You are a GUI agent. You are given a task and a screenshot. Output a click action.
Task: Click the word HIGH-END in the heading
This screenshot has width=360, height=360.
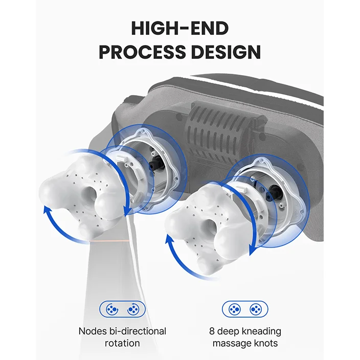(180, 28)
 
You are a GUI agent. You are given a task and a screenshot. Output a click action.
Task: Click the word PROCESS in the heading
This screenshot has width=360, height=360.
(142, 52)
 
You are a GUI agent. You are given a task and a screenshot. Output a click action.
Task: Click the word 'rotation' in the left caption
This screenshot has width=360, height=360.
(122, 343)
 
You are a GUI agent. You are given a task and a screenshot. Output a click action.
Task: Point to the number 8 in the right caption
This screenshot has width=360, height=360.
(212, 331)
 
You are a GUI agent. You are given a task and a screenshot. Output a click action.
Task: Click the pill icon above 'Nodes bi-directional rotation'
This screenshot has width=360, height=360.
(122, 309)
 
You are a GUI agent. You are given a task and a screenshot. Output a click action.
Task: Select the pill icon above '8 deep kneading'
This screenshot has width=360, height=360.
(245, 309)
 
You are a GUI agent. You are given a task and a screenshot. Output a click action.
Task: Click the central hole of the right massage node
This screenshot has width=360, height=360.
(211, 226)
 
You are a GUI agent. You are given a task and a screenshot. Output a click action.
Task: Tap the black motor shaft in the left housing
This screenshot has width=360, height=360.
(155, 164)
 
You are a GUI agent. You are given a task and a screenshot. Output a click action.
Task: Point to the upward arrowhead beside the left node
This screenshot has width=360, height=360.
(47, 210)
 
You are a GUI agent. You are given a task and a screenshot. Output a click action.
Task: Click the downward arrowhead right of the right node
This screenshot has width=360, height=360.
(253, 250)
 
